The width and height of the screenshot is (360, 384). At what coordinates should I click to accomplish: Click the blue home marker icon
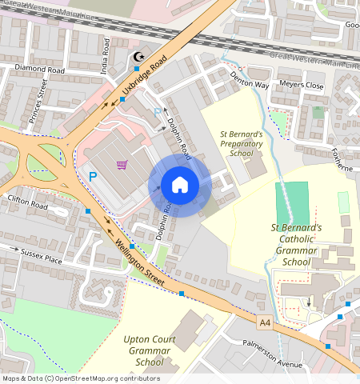(180, 186)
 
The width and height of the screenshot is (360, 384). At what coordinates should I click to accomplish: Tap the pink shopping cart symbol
(122, 166)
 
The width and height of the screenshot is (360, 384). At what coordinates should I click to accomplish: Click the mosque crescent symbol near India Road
(138, 58)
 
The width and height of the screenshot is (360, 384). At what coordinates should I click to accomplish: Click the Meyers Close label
(302, 85)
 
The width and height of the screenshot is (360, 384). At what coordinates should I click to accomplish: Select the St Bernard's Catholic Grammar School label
(296, 244)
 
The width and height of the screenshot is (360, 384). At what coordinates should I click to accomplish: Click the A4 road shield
(265, 322)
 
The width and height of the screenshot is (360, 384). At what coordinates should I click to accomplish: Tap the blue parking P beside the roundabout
(93, 177)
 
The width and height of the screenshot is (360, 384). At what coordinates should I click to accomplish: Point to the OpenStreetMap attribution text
(81, 378)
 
